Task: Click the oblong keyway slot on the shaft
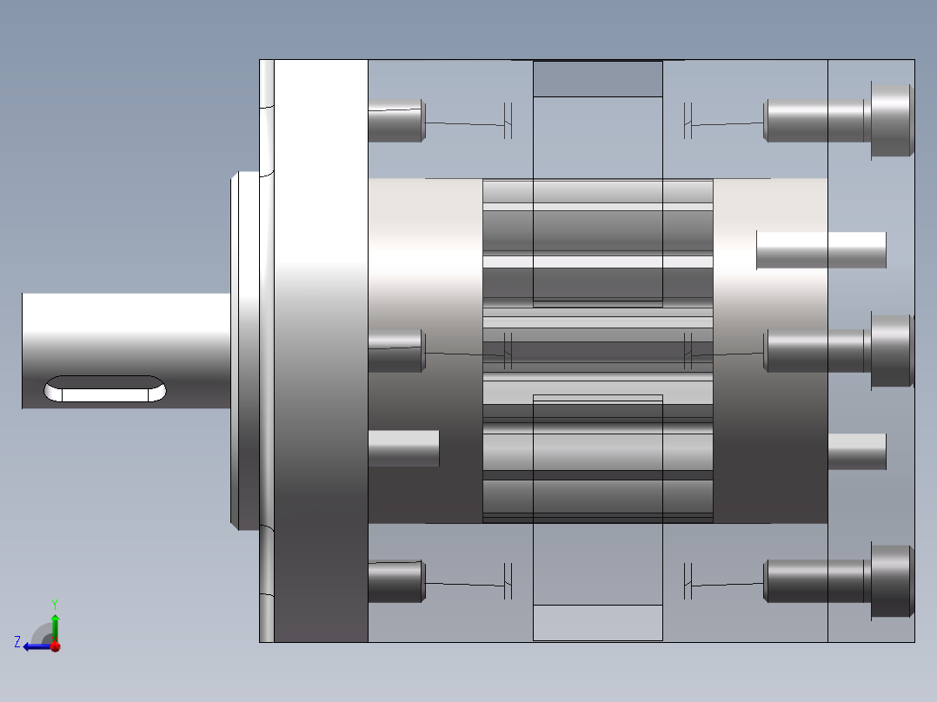coord(105,389)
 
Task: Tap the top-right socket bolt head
coord(892,121)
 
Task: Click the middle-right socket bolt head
coord(892,350)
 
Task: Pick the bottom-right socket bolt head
coord(892,581)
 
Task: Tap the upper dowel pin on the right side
coord(821,250)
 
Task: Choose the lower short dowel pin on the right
coord(856,451)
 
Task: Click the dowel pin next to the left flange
coord(403,448)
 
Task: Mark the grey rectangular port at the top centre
coord(597,79)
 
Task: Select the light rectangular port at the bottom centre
coord(597,623)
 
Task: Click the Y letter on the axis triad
coord(55,603)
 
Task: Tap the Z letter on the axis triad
coord(17,642)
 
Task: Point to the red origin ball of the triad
coord(55,646)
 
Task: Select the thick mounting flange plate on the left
coord(321,350)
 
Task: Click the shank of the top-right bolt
coord(815,121)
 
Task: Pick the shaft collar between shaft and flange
coord(245,350)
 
